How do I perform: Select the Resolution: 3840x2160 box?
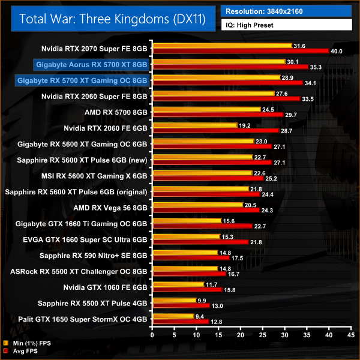point(287,11)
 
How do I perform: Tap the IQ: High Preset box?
point(287,25)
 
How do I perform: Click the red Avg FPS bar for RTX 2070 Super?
point(241,52)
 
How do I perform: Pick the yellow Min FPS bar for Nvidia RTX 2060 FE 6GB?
point(195,125)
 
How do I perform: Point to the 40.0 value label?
point(337,52)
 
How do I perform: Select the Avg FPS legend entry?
point(24,352)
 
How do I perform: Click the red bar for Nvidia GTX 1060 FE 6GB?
point(188,290)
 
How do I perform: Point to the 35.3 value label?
point(316,67)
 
